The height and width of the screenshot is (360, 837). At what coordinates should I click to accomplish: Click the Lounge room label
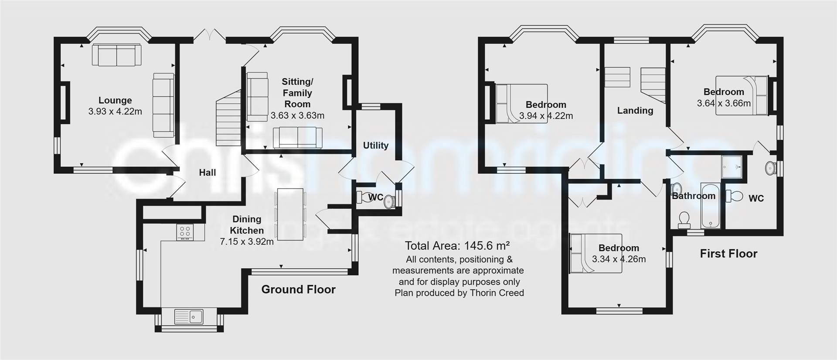[x=115, y=101]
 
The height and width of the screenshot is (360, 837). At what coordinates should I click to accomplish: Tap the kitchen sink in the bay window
[x=188, y=317]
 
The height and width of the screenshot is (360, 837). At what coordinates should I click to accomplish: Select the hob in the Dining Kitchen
[x=185, y=232]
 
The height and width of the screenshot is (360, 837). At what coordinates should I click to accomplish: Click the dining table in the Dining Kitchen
[x=290, y=214]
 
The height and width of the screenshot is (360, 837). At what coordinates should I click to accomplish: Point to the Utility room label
[x=375, y=146]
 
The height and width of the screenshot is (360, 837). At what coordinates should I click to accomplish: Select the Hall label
[x=208, y=173]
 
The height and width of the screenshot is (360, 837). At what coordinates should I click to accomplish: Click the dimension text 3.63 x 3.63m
[x=297, y=116]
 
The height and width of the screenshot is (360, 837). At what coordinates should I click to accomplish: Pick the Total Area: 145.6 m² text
[x=457, y=245]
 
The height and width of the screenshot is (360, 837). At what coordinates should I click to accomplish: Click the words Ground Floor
[x=298, y=289]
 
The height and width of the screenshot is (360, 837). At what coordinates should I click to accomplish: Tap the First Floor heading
[x=728, y=254]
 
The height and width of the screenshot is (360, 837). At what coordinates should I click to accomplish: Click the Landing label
[x=635, y=111]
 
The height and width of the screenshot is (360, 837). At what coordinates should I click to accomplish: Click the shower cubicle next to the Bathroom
[x=734, y=167]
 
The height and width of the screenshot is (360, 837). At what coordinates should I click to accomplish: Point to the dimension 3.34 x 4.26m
[x=619, y=259]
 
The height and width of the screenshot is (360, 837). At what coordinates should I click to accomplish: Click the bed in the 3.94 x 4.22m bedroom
[x=521, y=104]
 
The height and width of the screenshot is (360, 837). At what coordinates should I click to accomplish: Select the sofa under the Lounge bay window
[x=116, y=55]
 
